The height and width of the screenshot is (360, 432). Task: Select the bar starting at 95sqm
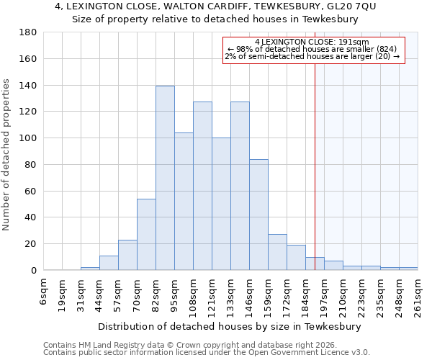coord(184,202)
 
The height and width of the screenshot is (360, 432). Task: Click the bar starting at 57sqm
coord(127,255)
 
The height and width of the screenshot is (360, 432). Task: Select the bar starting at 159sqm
coord(277,252)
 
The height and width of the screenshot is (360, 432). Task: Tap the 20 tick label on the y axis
coord(30,244)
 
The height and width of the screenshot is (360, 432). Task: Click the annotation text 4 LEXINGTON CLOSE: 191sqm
coord(312,42)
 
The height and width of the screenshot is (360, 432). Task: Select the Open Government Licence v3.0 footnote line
coord(207,353)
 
